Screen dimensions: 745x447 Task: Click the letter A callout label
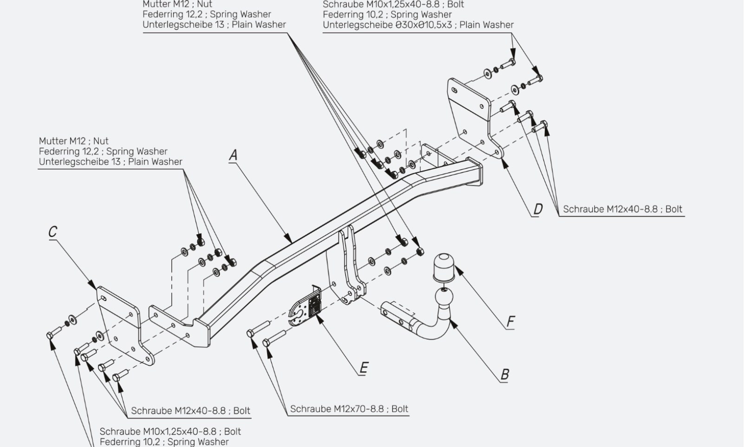click(x=234, y=155)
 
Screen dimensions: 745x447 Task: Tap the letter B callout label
click(x=504, y=375)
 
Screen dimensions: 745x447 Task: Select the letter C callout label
click(x=53, y=232)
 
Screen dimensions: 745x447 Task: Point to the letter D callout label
click(x=538, y=209)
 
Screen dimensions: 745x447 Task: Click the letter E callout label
click(x=364, y=368)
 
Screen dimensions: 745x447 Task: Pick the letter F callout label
click(x=510, y=322)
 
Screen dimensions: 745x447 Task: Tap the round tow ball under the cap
click(x=444, y=297)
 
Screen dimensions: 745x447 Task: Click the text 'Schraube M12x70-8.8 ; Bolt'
click(x=349, y=409)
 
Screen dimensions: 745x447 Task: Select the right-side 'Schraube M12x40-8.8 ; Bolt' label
click(x=622, y=209)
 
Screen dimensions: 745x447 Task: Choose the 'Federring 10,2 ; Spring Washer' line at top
click(x=387, y=15)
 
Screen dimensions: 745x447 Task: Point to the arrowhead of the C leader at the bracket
click(x=92, y=285)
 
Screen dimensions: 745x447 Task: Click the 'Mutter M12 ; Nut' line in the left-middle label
click(x=73, y=141)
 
